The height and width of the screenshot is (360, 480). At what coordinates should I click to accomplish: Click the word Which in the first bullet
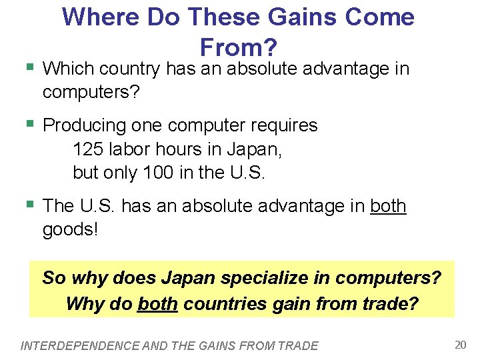pyautogui.click(x=69, y=68)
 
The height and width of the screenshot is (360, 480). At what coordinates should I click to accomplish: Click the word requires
pyautogui.click(x=282, y=125)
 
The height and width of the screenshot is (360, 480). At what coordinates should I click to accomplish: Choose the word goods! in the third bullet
pyautogui.click(x=69, y=231)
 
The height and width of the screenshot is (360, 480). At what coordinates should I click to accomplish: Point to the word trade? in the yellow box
pyautogui.click(x=392, y=304)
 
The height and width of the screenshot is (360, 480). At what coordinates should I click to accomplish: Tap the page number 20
pyautogui.click(x=460, y=345)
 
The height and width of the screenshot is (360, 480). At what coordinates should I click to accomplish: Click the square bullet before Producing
pyautogui.click(x=29, y=123)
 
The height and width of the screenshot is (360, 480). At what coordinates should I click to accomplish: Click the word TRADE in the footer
pyautogui.click(x=300, y=345)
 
